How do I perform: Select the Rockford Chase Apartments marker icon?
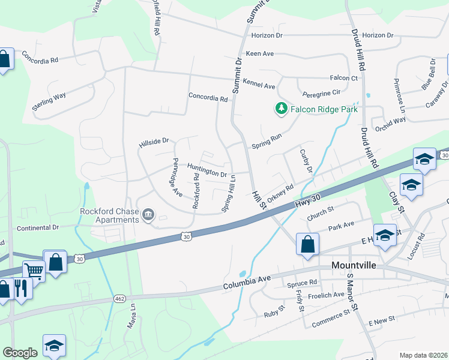coord(148,214)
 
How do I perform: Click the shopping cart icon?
coord(34,271)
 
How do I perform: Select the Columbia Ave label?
coord(247,282)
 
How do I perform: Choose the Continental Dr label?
coord(38,227)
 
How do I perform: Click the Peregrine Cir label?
coord(322,92)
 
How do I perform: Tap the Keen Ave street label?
coord(259,53)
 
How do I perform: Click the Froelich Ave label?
coord(327,295)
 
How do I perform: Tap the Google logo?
coord(20,353)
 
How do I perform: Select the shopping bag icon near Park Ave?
coord(307,244)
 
